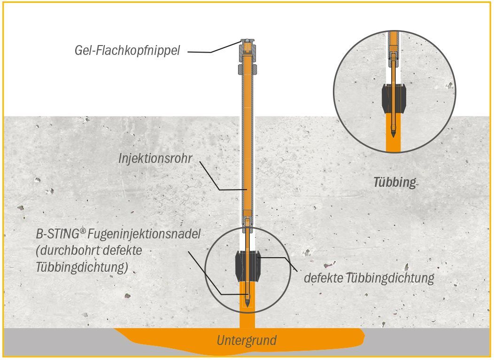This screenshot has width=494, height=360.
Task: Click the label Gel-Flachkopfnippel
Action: click(127, 50)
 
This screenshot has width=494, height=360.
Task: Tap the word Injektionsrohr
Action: click(155, 159)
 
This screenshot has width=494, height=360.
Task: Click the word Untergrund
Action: click(247, 340)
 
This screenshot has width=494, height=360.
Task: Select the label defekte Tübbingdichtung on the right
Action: click(369, 278)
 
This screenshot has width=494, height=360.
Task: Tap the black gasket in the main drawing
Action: click(247, 266)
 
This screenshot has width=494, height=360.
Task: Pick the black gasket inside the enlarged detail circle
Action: click(394, 98)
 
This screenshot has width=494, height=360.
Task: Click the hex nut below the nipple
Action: click(247, 71)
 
